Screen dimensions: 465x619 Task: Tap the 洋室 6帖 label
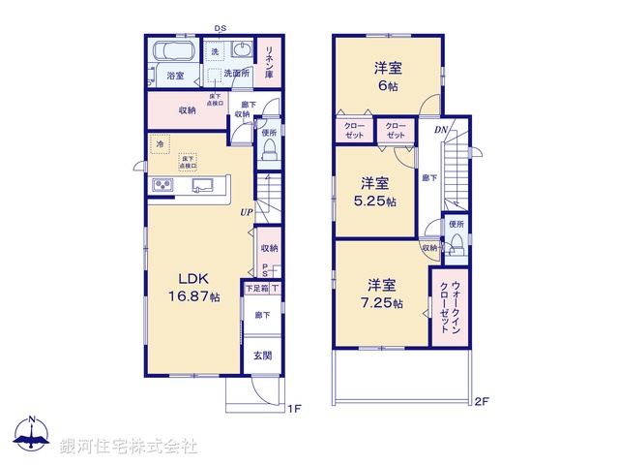388,77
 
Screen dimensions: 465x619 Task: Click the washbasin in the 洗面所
242,50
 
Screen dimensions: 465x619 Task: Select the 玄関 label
262,356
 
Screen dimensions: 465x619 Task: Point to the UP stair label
249,211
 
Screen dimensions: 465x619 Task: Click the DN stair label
441,130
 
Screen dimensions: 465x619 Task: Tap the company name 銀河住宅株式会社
128,446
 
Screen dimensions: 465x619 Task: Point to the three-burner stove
162,186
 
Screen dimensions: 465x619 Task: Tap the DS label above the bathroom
220,29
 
